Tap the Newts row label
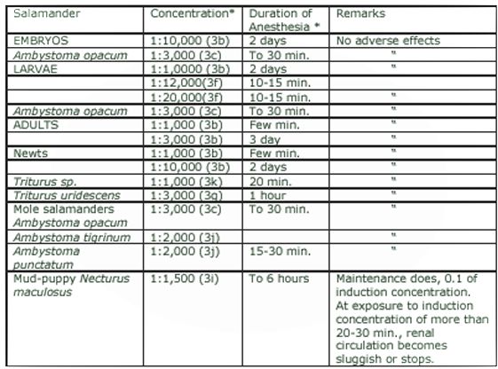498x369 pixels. pyautogui.click(x=27, y=153)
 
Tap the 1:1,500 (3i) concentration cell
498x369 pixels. pyautogui.click(x=185, y=279)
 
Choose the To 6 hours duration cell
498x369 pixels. pyautogui.click(x=279, y=279)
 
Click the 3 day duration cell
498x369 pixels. pyautogui.click(x=265, y=139)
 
